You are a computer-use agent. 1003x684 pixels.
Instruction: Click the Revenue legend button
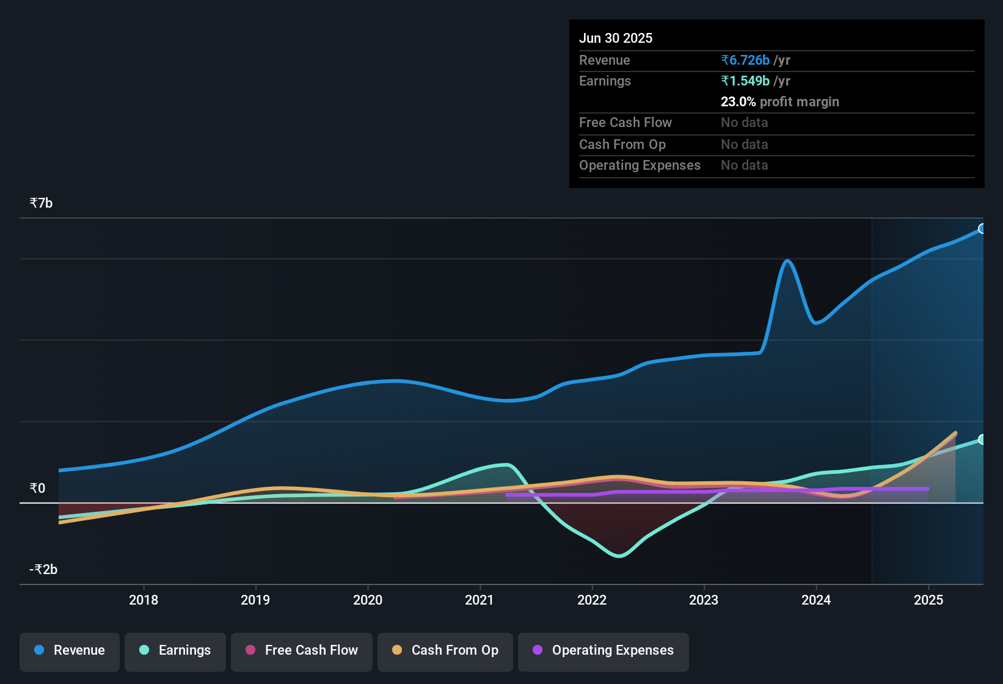tap(70, 650)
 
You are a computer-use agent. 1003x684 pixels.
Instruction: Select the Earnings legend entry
tap(175, 650)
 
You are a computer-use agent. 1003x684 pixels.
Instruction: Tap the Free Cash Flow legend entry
tap(302, 650)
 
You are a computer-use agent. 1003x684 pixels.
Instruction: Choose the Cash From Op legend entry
tap(445, 650)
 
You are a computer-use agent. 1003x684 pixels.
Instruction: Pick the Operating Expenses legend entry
tap(604, 650)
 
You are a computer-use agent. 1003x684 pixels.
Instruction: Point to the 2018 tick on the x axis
tap(144, 600)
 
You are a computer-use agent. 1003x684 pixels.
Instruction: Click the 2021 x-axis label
tap(480, 600)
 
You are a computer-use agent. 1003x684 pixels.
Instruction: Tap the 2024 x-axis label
tap(816, 600)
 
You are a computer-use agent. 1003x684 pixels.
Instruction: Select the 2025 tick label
tap(928, 600)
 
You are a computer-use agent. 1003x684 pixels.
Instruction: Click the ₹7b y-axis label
tap(42, 203)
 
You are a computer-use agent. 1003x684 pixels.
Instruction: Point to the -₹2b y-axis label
tap(43, 569)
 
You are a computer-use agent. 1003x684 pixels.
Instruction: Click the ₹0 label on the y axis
tap(37, 488)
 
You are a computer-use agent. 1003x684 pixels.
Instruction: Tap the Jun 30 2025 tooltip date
tap(616, 38)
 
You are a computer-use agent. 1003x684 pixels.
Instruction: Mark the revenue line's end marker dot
tap(982, 229)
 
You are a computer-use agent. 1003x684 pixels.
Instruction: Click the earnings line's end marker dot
tap(982, 439)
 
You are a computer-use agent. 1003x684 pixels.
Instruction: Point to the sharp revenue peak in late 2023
tap(788, 261)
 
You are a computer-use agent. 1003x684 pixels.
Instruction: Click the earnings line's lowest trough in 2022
tap(619, 556)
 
